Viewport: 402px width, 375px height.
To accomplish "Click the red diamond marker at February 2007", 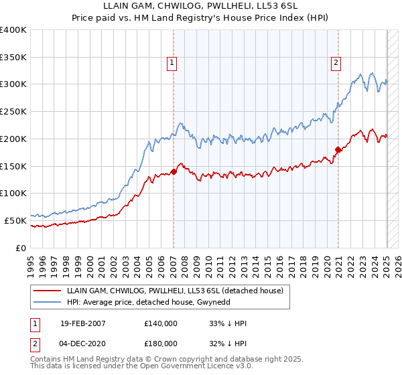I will coord(174,171).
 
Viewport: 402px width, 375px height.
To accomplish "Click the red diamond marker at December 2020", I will coord(338,149).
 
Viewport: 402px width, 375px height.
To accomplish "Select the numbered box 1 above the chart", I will coord(172,64).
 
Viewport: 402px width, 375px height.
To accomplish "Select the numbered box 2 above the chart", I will coord(336,64).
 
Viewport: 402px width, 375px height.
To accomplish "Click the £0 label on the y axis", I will coord(21,248).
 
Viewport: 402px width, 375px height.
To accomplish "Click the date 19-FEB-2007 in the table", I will coord(82,323).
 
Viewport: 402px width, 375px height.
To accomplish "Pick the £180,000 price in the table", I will coord(161,343).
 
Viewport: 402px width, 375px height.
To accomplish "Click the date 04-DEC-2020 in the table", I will coord(82,343).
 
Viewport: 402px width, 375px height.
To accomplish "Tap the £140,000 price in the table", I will coord(161,323).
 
